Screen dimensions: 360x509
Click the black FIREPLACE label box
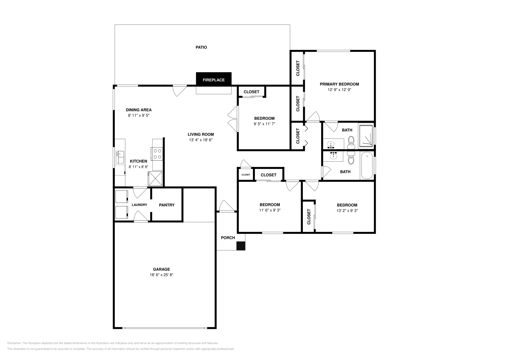[213, 80]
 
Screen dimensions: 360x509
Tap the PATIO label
[201, 47]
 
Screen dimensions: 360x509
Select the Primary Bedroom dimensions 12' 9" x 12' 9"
[339, 90]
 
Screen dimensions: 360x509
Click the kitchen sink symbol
[120, 157]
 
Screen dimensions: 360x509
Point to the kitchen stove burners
[157, 154]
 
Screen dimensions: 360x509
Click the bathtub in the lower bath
[367, 166]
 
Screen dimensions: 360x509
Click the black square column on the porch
[241, 246]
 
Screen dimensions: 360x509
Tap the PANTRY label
[167, 205]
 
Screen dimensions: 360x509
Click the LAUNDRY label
[139, 205]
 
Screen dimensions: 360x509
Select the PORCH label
[228, 238]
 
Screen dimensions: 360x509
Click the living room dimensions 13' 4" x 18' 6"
[200, 140]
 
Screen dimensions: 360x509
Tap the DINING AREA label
[139, 110]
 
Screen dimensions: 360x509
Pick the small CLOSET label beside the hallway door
[246, 175]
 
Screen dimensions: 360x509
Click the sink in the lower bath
[333, 156]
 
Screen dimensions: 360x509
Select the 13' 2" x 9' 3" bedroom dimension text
[347, 211]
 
